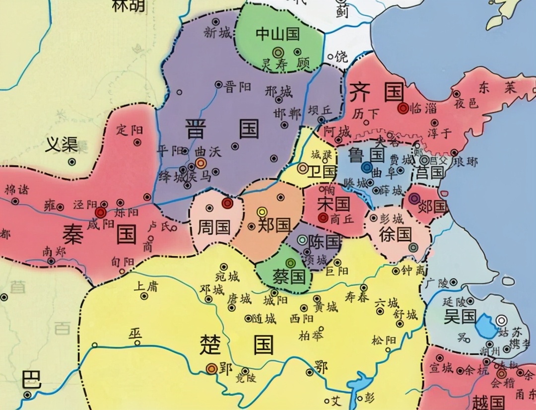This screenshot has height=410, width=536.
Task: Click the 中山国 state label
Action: [x=277, y=34]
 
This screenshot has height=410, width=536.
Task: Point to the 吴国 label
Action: [x=460, y=316]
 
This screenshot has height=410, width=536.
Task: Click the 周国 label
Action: [x=214, y=227]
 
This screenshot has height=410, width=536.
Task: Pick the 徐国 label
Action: [x=395, y=234]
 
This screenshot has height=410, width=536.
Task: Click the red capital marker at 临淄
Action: [x=402, y=107]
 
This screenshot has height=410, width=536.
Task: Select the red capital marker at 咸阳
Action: [x=101, y=213]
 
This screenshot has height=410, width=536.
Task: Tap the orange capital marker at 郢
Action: [x=211, y=368]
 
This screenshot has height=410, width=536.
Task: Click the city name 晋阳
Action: [x=236, y=88]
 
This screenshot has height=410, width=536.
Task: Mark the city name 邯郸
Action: [x=287, y=113]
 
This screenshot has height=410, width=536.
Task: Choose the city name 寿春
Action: [x=357, y=297]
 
